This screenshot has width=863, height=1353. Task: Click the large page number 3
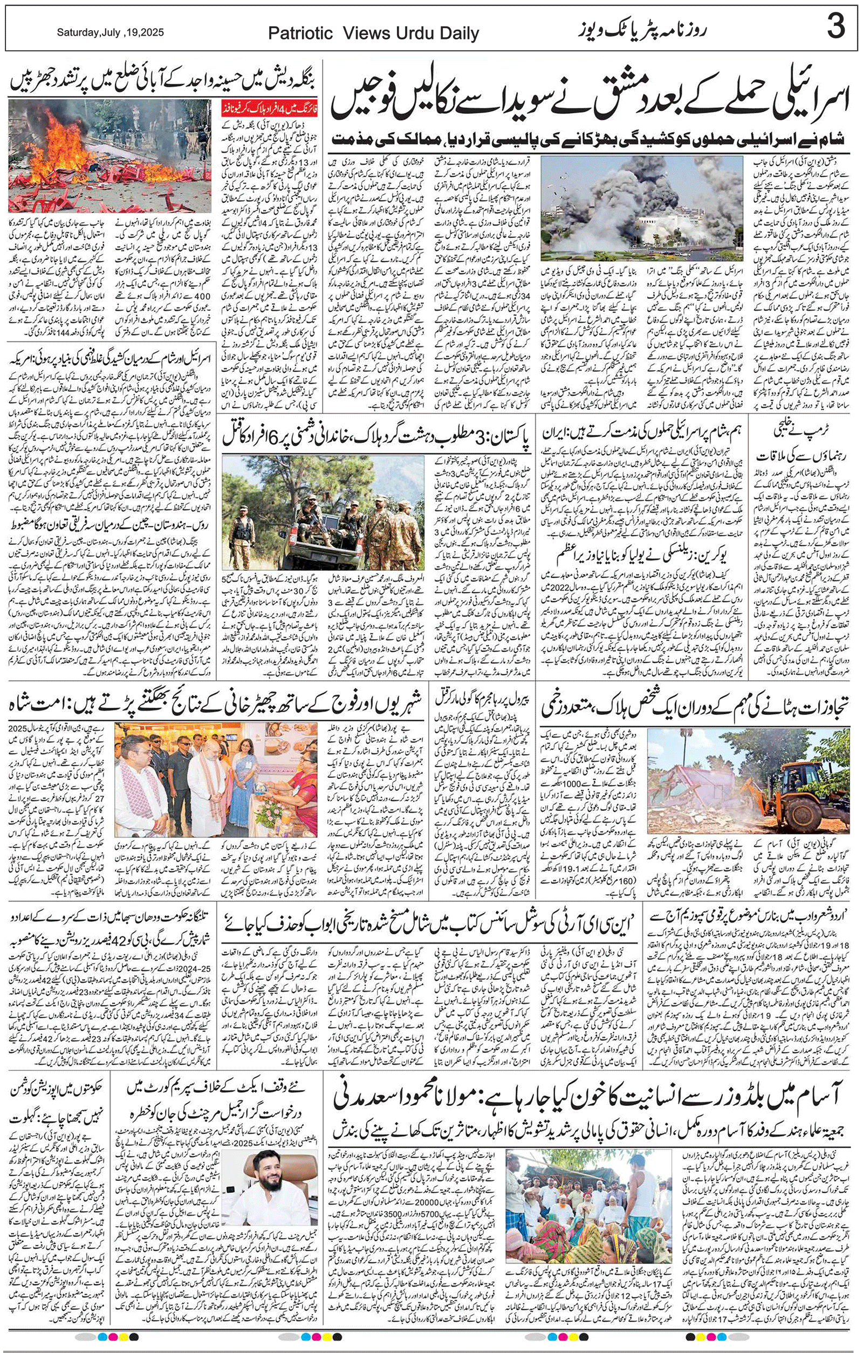point(835,27)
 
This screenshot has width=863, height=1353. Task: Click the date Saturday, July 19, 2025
point(110,32)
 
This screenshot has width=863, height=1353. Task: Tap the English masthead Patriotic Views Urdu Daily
point(373,33)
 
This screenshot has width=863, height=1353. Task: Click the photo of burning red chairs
point(109,156)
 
